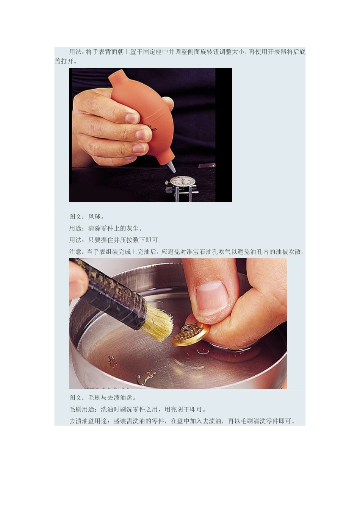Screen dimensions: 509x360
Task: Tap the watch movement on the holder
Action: tap(183, 181)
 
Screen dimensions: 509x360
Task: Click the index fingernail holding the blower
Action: tap(132, 118)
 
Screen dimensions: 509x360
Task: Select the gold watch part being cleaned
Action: tap(190, 333)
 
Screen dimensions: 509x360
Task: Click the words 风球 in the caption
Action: tap(95, 217)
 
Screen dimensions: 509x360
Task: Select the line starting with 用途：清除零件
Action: tap(106, 228)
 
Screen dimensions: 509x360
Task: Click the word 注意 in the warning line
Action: tap(75, 251)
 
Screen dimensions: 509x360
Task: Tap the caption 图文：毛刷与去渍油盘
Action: tap(102, 398)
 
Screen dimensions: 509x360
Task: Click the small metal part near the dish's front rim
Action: tap(146, 377)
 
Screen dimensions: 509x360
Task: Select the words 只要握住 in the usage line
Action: tap(101, 240)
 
